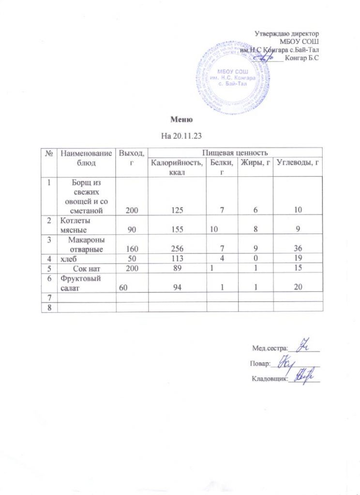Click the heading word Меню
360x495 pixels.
click(x=182, y=119)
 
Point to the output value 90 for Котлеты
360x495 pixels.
click(x=132, y=231)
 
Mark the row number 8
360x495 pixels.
click(x=49, y=307)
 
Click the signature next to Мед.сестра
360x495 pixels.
click(x=305, y=346)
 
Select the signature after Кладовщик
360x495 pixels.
click(x=302, y=377)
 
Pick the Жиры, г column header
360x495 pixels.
click(x=255, y=163)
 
